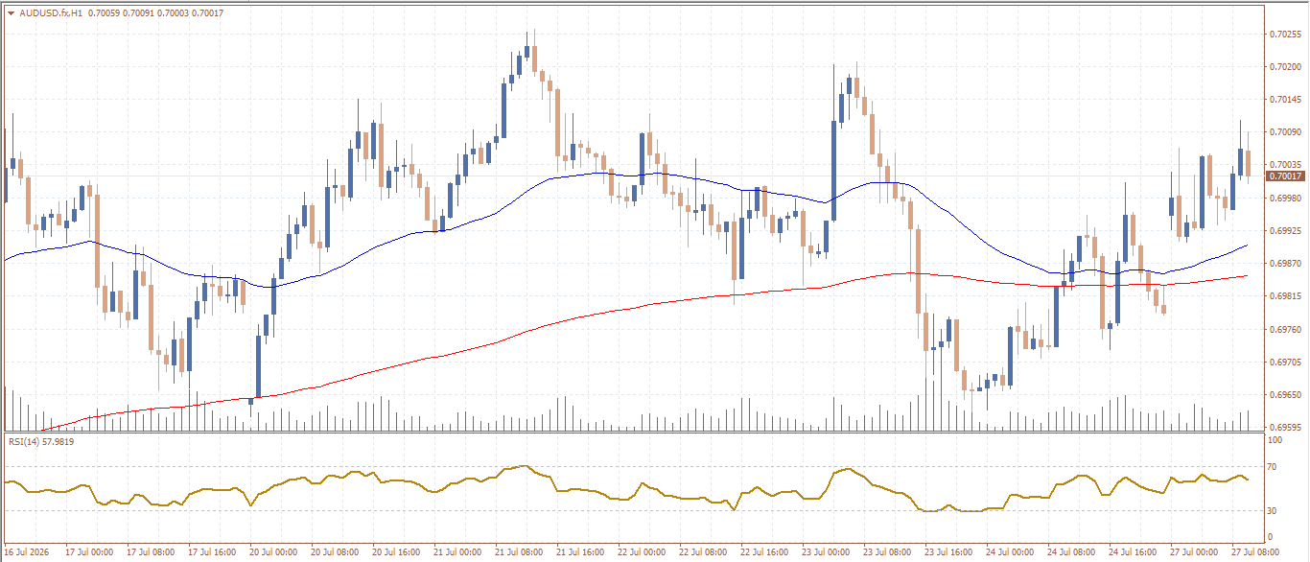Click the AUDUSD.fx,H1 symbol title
(x=51, y=12)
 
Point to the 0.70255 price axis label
(x=1285, y=35)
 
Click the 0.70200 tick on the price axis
(x=1285, y=67)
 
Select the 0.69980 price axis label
(x=1285, y=199)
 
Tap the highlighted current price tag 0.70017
(x=1285, y=176)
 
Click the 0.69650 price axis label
(x=1285, y=395)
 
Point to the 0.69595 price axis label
(x=1285, y=428)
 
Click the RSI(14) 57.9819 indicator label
(x=41, y=442)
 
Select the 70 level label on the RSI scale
(x=1272, y=467)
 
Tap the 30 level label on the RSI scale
(x=1272, y=510)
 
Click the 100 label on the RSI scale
(x=1275, y=440)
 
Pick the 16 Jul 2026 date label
(x=27, y=552)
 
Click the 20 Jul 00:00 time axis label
(x=273, y=552)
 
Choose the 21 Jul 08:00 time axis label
(x=519, y=552)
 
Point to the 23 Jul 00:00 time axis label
(x=826, y=552)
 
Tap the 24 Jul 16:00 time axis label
(x=1133, y=552)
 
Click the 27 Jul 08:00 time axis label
(x=1255, y=552)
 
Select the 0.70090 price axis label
(x=1285, y=132)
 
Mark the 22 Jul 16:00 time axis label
(x=764, y=552)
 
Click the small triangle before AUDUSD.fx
(x=12, y=13)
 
